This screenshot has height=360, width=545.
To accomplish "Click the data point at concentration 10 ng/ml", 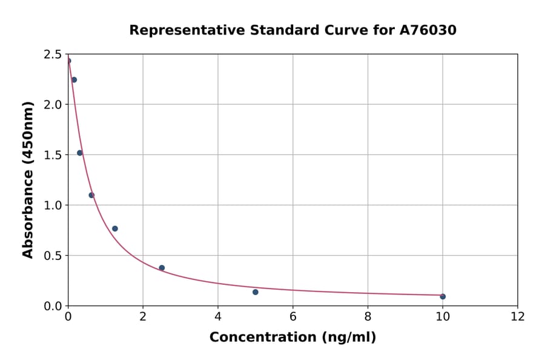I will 443,296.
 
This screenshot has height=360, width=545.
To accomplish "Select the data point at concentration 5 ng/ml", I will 256,292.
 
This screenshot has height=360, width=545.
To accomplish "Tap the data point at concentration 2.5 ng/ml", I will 162,268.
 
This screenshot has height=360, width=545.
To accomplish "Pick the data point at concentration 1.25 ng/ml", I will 115,228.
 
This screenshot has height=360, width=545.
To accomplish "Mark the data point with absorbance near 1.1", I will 91,195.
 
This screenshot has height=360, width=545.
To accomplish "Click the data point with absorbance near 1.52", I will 80,153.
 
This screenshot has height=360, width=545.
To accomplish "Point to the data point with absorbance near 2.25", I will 74,80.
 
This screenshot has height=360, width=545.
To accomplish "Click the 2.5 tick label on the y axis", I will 53,55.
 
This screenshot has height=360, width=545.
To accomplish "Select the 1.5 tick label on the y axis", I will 53,155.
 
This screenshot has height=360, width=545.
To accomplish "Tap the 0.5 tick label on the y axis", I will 53,256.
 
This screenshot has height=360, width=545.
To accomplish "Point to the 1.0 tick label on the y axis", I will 53,205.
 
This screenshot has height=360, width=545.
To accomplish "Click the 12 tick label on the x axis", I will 518,316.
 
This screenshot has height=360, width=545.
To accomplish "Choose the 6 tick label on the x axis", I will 293,316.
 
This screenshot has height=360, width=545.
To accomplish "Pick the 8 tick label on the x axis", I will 368,316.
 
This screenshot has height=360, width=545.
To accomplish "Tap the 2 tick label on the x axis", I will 143,316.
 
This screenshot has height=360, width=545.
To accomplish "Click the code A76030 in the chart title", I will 428,30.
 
